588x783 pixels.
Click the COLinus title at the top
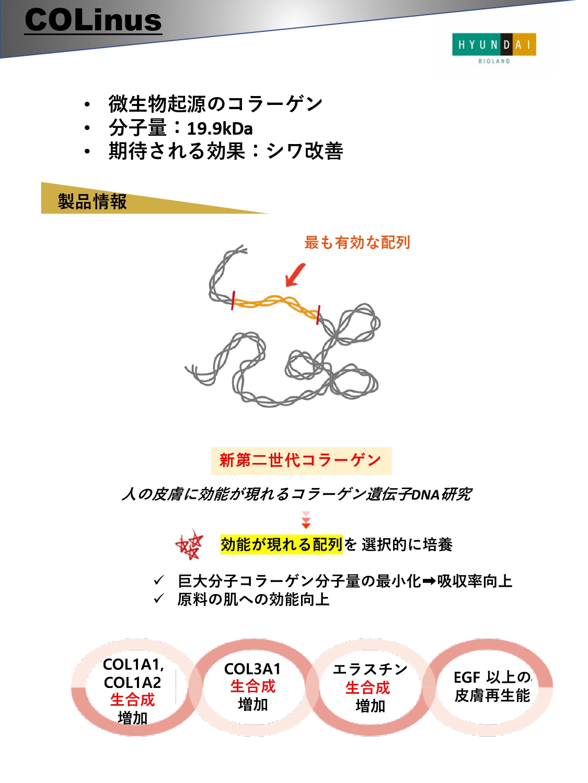coord(93,20)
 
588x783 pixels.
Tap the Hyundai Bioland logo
coord(494,48)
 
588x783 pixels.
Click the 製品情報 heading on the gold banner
coord(92,201)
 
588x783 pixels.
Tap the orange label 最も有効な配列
coord(357,243)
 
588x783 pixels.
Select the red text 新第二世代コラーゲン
coord(300,460)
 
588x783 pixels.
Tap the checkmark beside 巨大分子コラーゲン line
coord(158,580)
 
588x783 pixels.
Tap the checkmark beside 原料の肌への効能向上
coord(158,598)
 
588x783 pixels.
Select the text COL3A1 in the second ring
coord(252,669)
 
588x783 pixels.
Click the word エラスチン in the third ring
coord(370,669)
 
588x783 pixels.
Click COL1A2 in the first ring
coord(132,682)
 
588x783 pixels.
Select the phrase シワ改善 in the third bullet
coord(304,151)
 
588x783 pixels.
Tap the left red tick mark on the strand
coord(233,300)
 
